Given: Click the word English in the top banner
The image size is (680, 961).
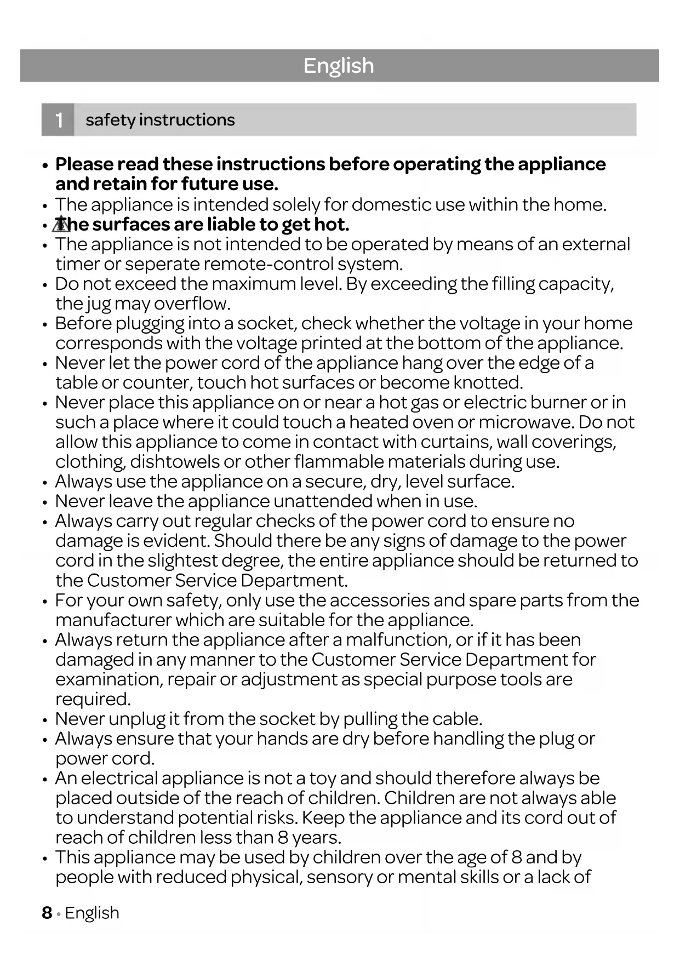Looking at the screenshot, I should point(339,66).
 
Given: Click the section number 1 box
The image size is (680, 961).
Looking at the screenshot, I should point(58,119).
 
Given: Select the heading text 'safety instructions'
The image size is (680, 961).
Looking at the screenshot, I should point(160,119).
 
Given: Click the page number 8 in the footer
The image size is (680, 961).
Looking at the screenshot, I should point(47,913).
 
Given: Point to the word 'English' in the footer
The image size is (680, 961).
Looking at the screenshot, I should point(92,913).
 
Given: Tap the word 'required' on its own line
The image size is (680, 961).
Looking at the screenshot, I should point(93,699).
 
